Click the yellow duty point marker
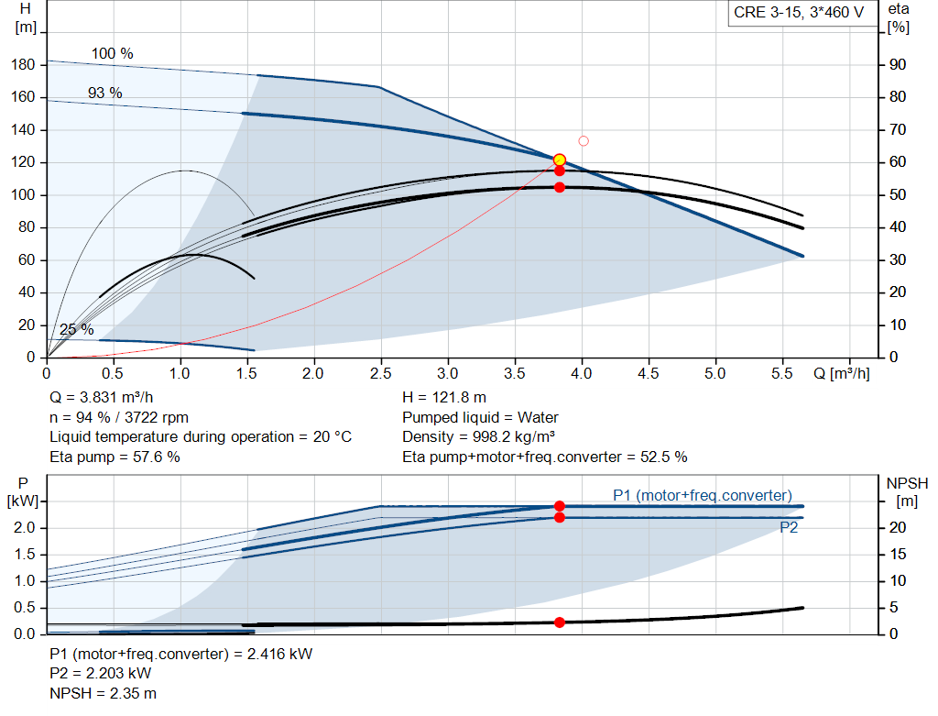tap(560, 160)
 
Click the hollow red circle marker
tap(584, 140)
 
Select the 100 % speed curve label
tap(113, 53)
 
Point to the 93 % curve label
tap(105, 93)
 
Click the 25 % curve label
tap(77, 329)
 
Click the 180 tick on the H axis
tap(23, 65)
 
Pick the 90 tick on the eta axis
tap(898, 65)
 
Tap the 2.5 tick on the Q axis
tap(380, 373)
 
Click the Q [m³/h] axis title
tap(841, 373)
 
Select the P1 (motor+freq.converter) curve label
tap(703, 495)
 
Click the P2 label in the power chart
tap(789, 527)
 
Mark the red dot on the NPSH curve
tap(560, 622)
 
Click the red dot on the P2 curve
tap(560, 517)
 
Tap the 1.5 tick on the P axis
tap(25, 555)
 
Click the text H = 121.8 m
tap(444, 398)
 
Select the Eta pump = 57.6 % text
tap(115, 457)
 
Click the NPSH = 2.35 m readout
tap(103, 693)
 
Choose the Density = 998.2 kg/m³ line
tap(478, 437)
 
